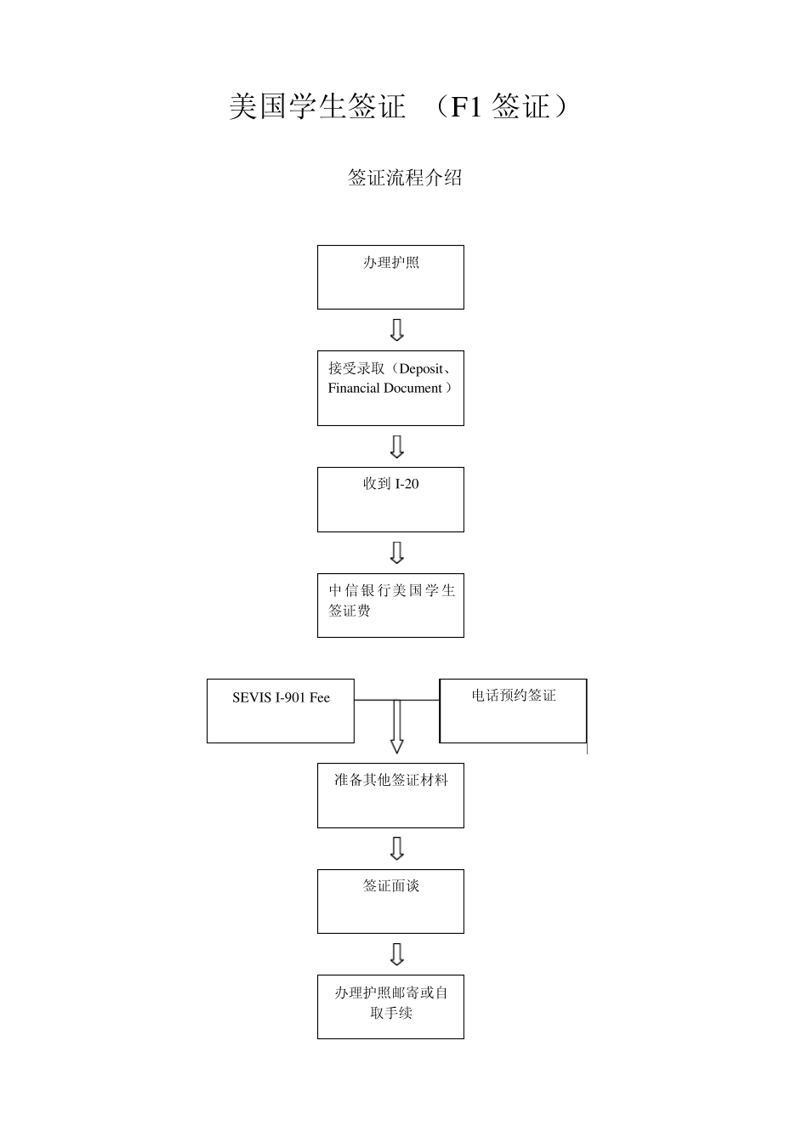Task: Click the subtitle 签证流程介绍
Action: pyautogui.click(x=405, y=178)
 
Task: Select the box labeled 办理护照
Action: pyautogui.click(x=390, y=277)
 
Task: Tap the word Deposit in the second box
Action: pyautogui.click(x=421, y=369)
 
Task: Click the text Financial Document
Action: pyautogui.click(x=385, y=389)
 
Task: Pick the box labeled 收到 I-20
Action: pyautogui.click(x=390, y=499)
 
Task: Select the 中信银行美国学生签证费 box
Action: pyautogui.click(x=390, y=605)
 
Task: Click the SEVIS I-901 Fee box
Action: pyautogui.click(x=280, y=711)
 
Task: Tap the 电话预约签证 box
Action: pyautogui.click(x=513, y=711)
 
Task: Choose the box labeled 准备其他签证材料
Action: pyautogui.click(x=390, y=795)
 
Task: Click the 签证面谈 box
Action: pyautogui.click(x=390, y=901)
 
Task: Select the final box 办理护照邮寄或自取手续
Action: pyautogui.click(x=390, y=1006)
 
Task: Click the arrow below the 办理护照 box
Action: pyautogui.click(x=396, y=330)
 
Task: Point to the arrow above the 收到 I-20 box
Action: pyautogui.click(x=396, y=446)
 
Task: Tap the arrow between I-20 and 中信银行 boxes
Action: pyautogui.click(x=396, y=553)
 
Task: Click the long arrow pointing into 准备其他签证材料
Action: pyautogui.click(x=396, y=727)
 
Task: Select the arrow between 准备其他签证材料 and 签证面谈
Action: pyautogui.click(x=396, y=849)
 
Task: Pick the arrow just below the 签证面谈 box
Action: pyautogui.click(x=396, y=954)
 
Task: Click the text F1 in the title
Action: pyautogui.click(x=467, y=107)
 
